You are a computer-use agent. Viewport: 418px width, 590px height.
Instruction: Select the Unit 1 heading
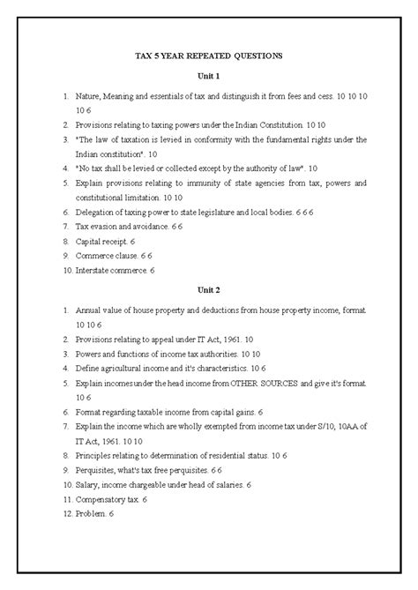208,76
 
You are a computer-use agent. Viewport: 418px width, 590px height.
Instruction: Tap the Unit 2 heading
208,289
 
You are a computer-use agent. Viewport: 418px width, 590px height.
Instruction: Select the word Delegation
99,212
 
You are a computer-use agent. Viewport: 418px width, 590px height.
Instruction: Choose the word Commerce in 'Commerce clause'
97,255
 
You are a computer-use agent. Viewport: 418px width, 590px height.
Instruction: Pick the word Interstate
95,269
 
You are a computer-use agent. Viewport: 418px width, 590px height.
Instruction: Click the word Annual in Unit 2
91,310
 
